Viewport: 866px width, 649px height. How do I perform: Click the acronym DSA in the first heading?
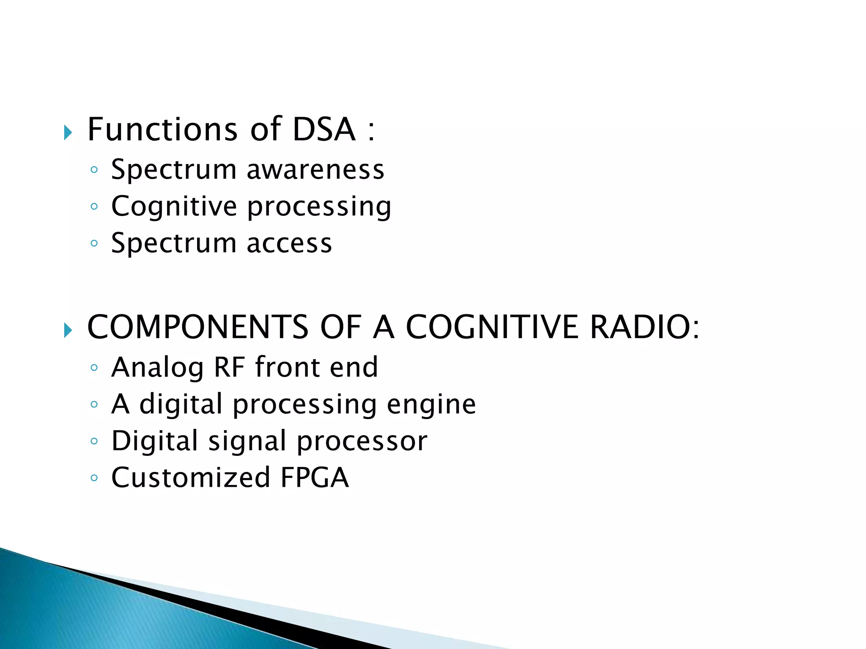point(324,129)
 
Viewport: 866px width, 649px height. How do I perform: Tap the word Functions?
point(162,129)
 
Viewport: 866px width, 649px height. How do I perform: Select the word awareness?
point(315,170)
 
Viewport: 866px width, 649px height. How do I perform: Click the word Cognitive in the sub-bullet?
point(174,207)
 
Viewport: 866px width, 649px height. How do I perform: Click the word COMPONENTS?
point(197,327)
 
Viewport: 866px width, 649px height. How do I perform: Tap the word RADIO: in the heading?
point(645,327)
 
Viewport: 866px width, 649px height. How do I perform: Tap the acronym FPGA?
point(315,478)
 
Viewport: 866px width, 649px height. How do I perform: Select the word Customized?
point(191,478)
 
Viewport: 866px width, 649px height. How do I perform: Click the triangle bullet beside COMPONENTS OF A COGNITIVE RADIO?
point(68,330)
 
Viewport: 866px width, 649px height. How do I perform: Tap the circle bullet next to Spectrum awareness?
point(94,170)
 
